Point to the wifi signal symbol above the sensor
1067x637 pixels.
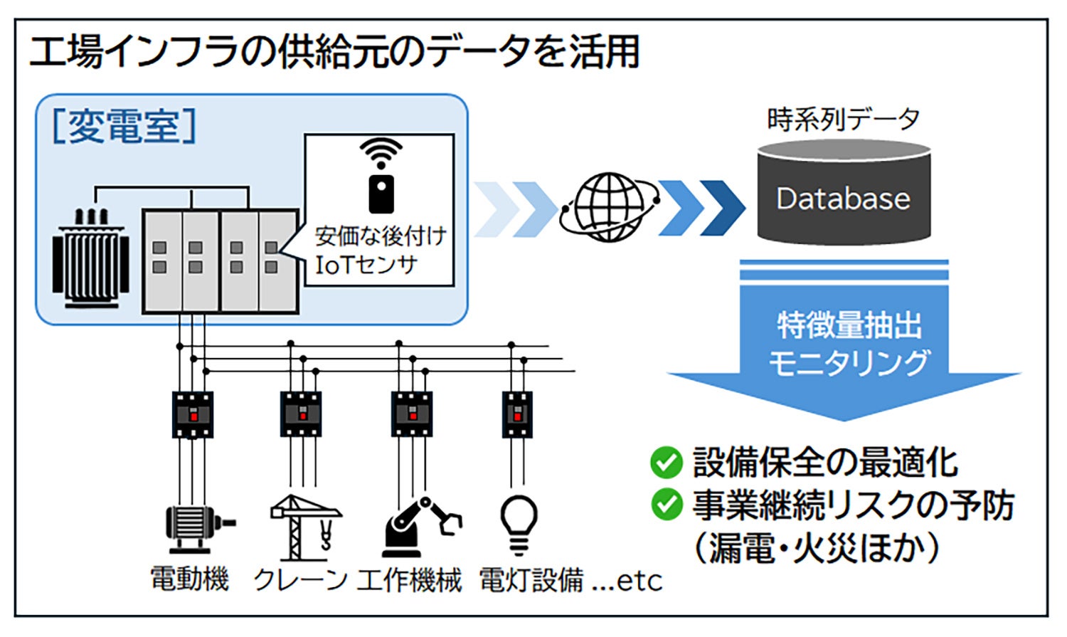tap(381, 152)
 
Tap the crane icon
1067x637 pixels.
tap(306, 527)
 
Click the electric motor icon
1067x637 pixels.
tap(195, 527)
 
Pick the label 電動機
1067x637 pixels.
tap(190, 579)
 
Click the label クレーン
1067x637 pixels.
tap(299, 581)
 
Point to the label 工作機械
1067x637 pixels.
tap(410, 581)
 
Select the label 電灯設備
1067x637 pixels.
tap(531, 581)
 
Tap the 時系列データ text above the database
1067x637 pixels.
tap(843, 120)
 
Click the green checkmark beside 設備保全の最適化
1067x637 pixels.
tap(666, 463)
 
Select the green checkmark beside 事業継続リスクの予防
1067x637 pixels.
tap(666, 505)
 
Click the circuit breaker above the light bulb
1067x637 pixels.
tap(517, 414)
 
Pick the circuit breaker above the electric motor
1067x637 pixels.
tap(192, 414)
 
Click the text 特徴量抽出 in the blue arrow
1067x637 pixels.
tap(849, 326)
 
